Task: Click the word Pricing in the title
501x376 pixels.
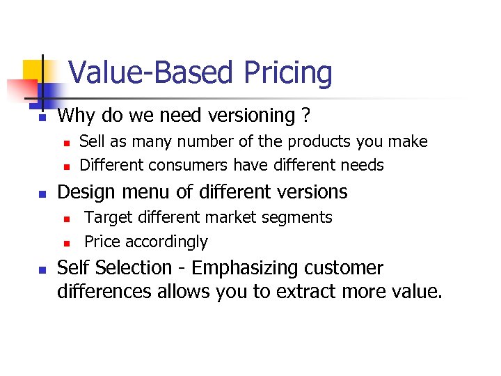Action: point(287,73)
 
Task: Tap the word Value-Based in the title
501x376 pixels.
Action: point(152,73)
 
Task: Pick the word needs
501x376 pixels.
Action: point(362,166)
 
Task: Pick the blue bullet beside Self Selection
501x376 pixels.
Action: point(42,270)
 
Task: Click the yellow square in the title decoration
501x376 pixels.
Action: point(32,70)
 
